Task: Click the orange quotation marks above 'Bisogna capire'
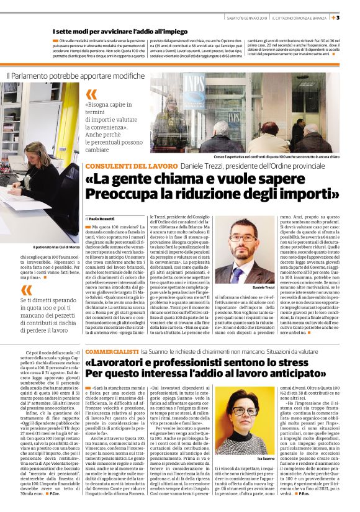[x=91, y=94]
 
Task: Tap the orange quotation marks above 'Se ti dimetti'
[x=25, y=290]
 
